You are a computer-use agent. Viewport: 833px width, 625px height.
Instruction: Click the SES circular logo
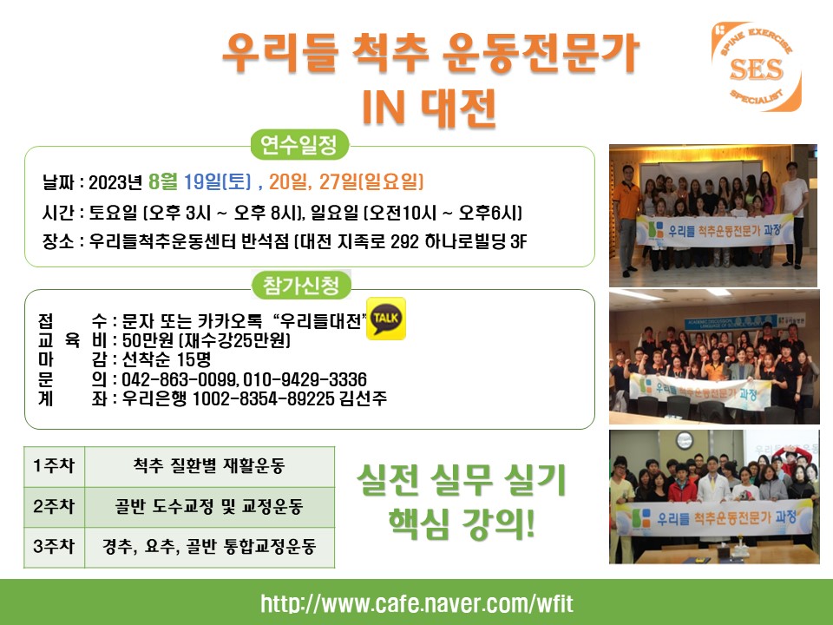tap(756, 67)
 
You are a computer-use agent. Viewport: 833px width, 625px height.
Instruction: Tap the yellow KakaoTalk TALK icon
tap(386, 319)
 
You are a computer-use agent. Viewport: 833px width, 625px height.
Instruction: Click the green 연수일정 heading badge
tap(299, 145)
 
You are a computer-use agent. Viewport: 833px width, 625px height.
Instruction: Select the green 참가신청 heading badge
tap(301, 286)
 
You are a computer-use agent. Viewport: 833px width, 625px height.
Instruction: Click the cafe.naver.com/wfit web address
tap(417, 604)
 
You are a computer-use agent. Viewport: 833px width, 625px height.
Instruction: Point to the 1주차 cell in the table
tap(54, 466)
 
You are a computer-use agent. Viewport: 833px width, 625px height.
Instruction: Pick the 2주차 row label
tap(54, 506)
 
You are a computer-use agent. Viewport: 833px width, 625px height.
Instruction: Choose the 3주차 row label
tap(54, 546)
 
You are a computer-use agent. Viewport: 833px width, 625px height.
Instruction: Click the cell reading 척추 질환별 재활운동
tap(209, 466)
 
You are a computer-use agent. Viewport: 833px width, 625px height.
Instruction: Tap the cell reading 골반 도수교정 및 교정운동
tap(209, 506)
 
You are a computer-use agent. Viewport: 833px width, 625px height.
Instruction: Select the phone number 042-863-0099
tap(180, 379)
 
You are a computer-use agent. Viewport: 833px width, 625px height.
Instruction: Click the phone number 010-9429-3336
tap(305, 379)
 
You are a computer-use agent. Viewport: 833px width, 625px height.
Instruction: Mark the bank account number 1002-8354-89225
tap(264, 398)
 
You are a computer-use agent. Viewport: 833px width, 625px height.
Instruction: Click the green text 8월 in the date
tap(163, 181)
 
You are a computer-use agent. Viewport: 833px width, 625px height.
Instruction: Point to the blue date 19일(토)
tap(217, 181)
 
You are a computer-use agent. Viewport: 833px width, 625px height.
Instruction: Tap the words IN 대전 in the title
tap(429, 107)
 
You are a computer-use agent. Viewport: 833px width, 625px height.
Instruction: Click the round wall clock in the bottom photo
tap(685, 439)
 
